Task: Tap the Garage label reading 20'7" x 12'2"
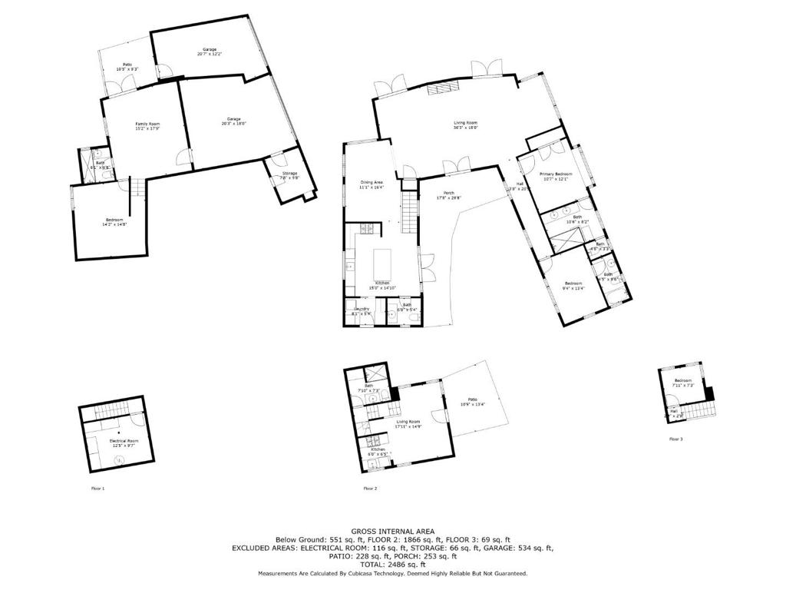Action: click(210, 51)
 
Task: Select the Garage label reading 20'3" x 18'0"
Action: click(233, 121)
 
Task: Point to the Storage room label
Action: click(289, 175)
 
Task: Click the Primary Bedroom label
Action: click(556, 177)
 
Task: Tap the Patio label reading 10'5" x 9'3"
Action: click(127, 67)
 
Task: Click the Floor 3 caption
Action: click(675, 439)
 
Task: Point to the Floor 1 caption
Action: click(97, 489)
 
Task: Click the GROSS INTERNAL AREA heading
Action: click(393, 531)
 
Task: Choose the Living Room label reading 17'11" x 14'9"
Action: click(408, 423)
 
